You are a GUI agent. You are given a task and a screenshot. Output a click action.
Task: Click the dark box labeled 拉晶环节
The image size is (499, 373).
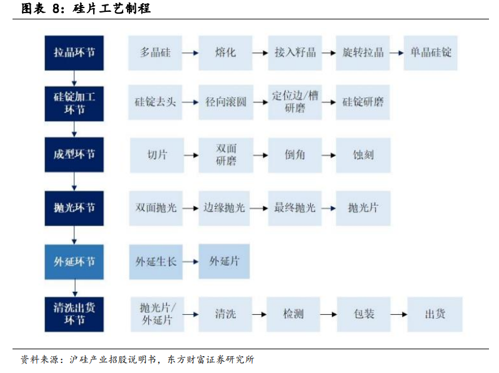point(74,52)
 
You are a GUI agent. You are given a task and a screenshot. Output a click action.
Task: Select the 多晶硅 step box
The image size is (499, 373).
point(155,52)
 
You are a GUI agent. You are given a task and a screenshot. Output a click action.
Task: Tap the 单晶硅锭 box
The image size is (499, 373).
point(430,52)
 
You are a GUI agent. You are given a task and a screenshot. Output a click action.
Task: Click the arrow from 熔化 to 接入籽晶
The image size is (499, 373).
point(260,53)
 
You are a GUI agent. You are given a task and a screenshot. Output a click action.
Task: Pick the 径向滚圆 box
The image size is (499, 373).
point(226,102)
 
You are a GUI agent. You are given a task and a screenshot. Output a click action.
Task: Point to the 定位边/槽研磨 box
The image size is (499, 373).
point(295,102)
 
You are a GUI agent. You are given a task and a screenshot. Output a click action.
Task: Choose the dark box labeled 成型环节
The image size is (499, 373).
point(74,154)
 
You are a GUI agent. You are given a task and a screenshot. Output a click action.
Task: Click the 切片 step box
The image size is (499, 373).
point(157,155)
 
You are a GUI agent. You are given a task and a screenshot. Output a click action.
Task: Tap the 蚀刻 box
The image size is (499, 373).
point(363,155)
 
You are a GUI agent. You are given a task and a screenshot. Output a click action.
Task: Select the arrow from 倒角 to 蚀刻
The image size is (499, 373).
point(329,156)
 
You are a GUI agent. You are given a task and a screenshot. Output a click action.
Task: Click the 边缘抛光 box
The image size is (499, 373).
point(224,208)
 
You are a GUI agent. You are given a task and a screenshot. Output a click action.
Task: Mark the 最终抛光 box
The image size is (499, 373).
point(295,208)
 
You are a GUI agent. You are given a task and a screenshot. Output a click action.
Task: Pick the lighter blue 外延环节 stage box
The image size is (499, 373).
point(74,262)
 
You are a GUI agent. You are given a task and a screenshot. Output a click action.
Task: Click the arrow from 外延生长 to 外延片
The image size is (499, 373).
point(191,262)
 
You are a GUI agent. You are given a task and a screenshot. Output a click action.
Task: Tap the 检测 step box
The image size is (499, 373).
point(293,314)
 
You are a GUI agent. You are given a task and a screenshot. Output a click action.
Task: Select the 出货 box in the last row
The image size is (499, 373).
point(435,314)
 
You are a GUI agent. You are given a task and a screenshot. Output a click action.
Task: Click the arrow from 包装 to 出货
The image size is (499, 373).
point(399,315)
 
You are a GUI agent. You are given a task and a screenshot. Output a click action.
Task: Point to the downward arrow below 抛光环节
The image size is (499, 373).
point(74,236)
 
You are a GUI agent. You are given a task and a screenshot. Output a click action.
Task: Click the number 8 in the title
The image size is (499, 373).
point(56,9)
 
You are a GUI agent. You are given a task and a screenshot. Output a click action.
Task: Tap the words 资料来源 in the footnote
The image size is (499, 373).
point(39,360)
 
